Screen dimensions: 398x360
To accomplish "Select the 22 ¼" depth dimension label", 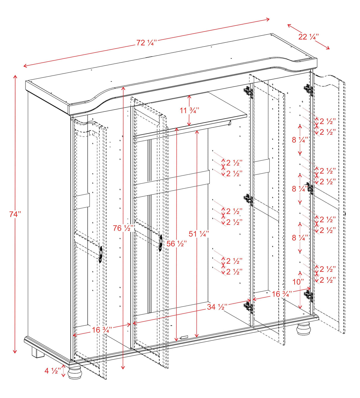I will pyautogui.click(x=308, y=37).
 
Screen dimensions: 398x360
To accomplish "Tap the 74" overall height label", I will pyautogui.click(x=15, y=214).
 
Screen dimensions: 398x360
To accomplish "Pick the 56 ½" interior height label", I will pyautogui.click(x=176, y=244).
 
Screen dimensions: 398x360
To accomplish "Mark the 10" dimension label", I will pyautogui.click(x=298, y=282).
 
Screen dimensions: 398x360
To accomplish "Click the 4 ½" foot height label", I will pyautogui.click(x=53, y=371).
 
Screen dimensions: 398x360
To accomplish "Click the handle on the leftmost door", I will pyautogui.click(x=101, y=255).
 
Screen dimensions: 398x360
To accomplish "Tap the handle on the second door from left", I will pyautogui.click(x=160, y=243).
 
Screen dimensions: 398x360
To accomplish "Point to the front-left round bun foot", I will pyautogui.click(x=74, y=373).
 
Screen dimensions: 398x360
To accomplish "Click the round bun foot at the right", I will pyautogui.click(x=304, y=329).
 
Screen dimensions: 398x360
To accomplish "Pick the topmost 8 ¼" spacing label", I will pyautogui.click(x=300, y=140).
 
